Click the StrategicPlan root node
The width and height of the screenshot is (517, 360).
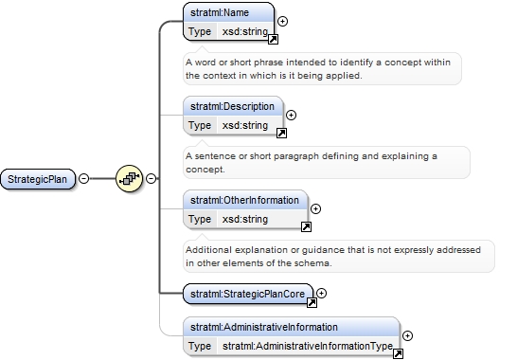38,179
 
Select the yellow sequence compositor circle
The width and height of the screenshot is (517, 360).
129,178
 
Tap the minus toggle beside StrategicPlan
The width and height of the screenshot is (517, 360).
83,178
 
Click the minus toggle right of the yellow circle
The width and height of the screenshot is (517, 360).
151,178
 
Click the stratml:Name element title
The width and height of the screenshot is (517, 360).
220,12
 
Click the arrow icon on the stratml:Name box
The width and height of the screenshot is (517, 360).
273,39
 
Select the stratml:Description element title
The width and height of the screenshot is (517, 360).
232,106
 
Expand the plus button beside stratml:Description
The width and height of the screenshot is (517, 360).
291,115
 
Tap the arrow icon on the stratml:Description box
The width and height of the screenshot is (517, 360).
281,133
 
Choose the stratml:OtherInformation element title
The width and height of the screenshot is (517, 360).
244,200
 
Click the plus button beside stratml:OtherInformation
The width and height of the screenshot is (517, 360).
316,208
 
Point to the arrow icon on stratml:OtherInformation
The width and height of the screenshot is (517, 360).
306,226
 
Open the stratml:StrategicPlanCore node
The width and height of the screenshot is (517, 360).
248,294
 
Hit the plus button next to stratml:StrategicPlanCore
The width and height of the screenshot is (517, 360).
322,293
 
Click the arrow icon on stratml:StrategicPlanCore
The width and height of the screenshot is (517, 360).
312,302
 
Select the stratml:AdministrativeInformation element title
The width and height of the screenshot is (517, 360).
264,327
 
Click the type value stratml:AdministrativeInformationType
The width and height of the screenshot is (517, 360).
308,346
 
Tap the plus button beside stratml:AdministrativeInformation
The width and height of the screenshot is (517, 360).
408,335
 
